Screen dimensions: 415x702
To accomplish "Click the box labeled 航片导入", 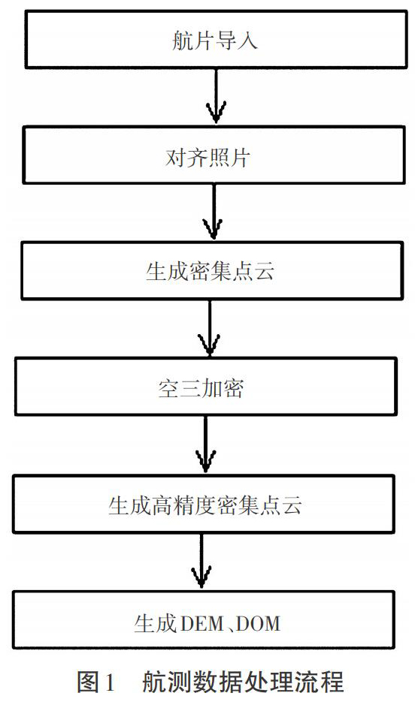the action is [x=216, y=39].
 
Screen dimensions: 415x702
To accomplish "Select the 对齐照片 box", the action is [x=214, y=155].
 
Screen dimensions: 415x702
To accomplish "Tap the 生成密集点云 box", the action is [x=212, y=271].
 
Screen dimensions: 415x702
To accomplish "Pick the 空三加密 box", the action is [x=206, y=387].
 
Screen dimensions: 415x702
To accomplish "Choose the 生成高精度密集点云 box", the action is [x=204, y=504].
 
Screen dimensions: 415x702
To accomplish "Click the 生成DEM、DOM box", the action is [x=204, y=620].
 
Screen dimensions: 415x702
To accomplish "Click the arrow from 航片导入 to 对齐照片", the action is [x=216, y=96].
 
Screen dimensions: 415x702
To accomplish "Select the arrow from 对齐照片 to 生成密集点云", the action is [x=214, y=211].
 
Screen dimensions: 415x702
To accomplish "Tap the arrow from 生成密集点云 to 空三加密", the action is [x=209, y=328].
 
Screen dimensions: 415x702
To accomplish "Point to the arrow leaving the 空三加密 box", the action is [x=205, y=444].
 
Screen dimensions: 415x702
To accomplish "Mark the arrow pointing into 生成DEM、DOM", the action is [x=201, y=561].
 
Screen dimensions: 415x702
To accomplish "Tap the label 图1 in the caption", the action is [x=96, y=682].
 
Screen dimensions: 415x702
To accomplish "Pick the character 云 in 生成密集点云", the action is [x=264, y=272].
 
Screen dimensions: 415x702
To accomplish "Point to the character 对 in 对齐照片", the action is [x=175, y=157].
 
